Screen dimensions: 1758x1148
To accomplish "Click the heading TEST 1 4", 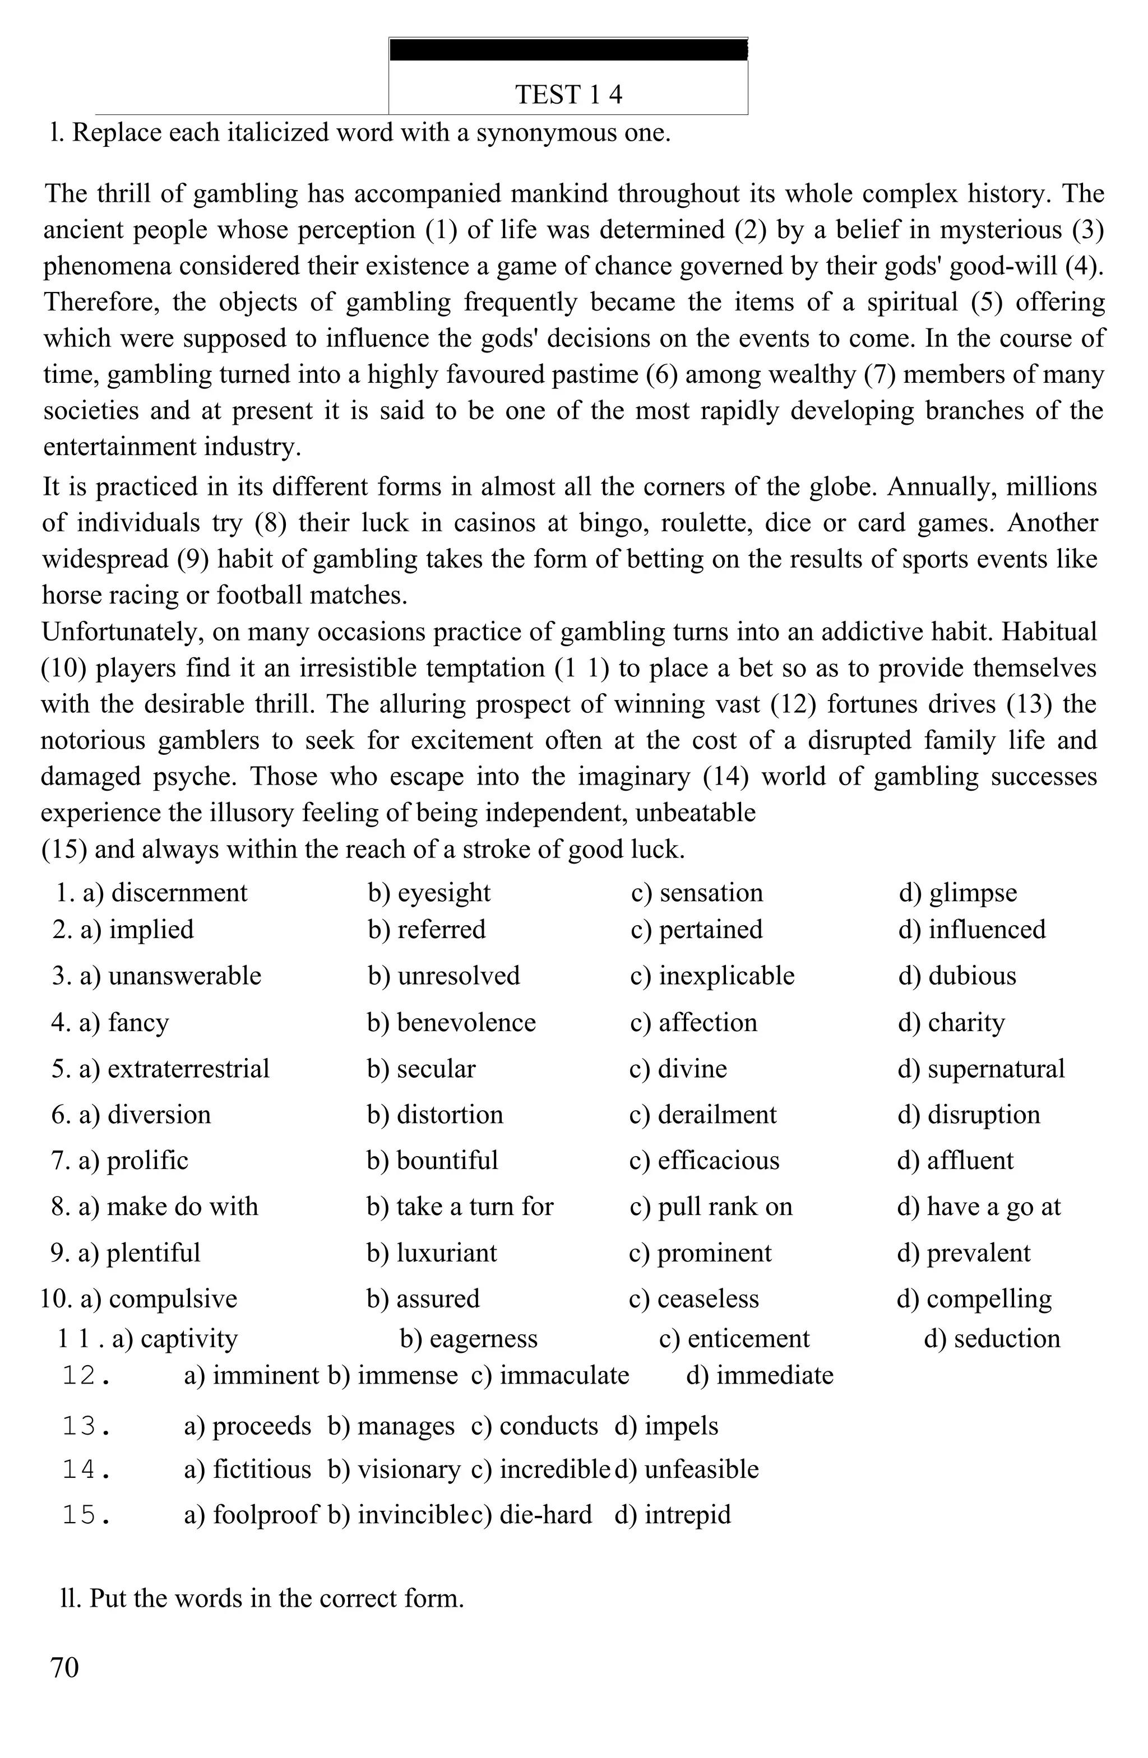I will coord(568,95).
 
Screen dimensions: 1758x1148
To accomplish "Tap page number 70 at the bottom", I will coord(64,1667).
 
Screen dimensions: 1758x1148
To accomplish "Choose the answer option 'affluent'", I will coord(970,1161).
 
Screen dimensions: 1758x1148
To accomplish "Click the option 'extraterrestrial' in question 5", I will coord(188,1069).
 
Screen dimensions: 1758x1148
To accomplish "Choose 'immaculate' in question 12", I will coord(564,1375).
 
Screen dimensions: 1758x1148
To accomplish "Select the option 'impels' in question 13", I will coord(681,1426).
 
